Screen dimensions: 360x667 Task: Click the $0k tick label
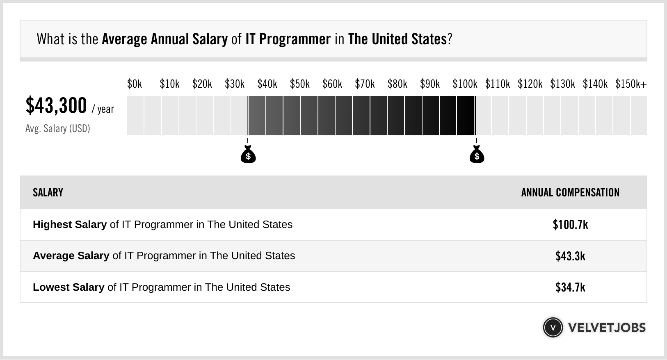[x=135, y=84]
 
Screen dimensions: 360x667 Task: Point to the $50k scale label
[x=299, y=84]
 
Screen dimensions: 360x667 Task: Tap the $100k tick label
[x=465, y=84]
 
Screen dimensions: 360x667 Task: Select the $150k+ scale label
[x=631, y=84]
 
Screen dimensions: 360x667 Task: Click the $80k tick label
[x=397, y=84]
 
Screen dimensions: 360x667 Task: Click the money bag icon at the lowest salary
[x=248, y=155]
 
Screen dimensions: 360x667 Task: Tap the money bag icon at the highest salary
[x=477, y=155]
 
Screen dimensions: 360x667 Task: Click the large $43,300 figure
[x=56, y=105]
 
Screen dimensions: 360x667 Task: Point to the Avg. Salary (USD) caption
[x=58, y=129]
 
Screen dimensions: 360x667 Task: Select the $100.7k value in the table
[x=570, y=225]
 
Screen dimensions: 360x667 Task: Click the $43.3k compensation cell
[x=570, y=256]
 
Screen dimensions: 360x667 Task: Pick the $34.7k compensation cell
[x=570, y=287]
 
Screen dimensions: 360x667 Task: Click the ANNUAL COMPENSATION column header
[x=570, y=193]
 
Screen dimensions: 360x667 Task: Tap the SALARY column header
[x=48, y=193]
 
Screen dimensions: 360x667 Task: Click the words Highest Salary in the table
[x=70, y=225]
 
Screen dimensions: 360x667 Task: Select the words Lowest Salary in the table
[x=69, y=287]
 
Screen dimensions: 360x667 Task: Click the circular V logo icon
[x=553, y=328]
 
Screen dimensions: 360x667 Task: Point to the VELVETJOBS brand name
[x=607, y=328]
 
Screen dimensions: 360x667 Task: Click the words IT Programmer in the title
[x=288, y=39]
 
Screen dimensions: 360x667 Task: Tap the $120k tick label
[x=530, y=84]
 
